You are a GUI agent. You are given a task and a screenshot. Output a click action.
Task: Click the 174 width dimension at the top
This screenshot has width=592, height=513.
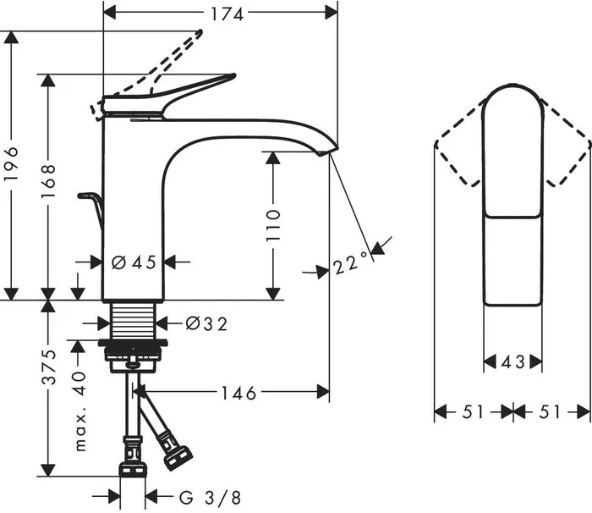click(227, 14)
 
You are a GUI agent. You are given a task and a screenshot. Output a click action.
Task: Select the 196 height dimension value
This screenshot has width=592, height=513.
click(11, 163)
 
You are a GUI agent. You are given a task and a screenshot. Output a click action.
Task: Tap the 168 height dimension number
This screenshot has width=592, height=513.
click(49, 181)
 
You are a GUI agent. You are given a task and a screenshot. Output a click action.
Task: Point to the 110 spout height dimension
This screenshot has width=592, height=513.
click(273, 226)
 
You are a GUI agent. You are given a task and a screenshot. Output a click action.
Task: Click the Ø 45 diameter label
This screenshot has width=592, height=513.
click(134, 262)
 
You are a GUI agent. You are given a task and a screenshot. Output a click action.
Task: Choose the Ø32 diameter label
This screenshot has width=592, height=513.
click(207, 324)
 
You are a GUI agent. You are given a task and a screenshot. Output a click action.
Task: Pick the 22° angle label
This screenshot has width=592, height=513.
click(350, 262)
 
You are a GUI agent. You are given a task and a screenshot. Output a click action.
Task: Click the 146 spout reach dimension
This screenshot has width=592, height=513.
click(238, 393)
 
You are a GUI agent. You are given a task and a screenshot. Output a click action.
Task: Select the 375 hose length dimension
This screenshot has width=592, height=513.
click(49, 367)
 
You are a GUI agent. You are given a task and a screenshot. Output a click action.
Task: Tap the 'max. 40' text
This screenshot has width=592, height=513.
click(80, 411)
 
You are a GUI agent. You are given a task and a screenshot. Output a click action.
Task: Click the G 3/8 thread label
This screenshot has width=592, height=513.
click(210, 498)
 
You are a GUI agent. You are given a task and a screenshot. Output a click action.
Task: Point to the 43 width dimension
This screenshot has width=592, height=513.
click(513, 362)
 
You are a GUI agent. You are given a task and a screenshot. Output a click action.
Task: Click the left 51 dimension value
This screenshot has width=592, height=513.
click(473, 411)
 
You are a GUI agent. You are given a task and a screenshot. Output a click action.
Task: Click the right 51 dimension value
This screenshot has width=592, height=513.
click(550, 411)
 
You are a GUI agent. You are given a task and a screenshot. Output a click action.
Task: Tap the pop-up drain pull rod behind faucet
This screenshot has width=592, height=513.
click(91, 209)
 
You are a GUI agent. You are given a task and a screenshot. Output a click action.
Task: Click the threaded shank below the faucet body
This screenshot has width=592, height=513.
click(134, 321)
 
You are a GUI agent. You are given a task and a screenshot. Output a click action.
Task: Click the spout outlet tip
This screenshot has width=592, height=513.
click(327, 152)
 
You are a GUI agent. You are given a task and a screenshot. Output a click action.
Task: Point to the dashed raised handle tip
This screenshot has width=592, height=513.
click(198, 33)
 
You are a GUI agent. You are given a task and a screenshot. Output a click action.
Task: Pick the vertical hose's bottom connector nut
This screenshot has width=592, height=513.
click(133, 469)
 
